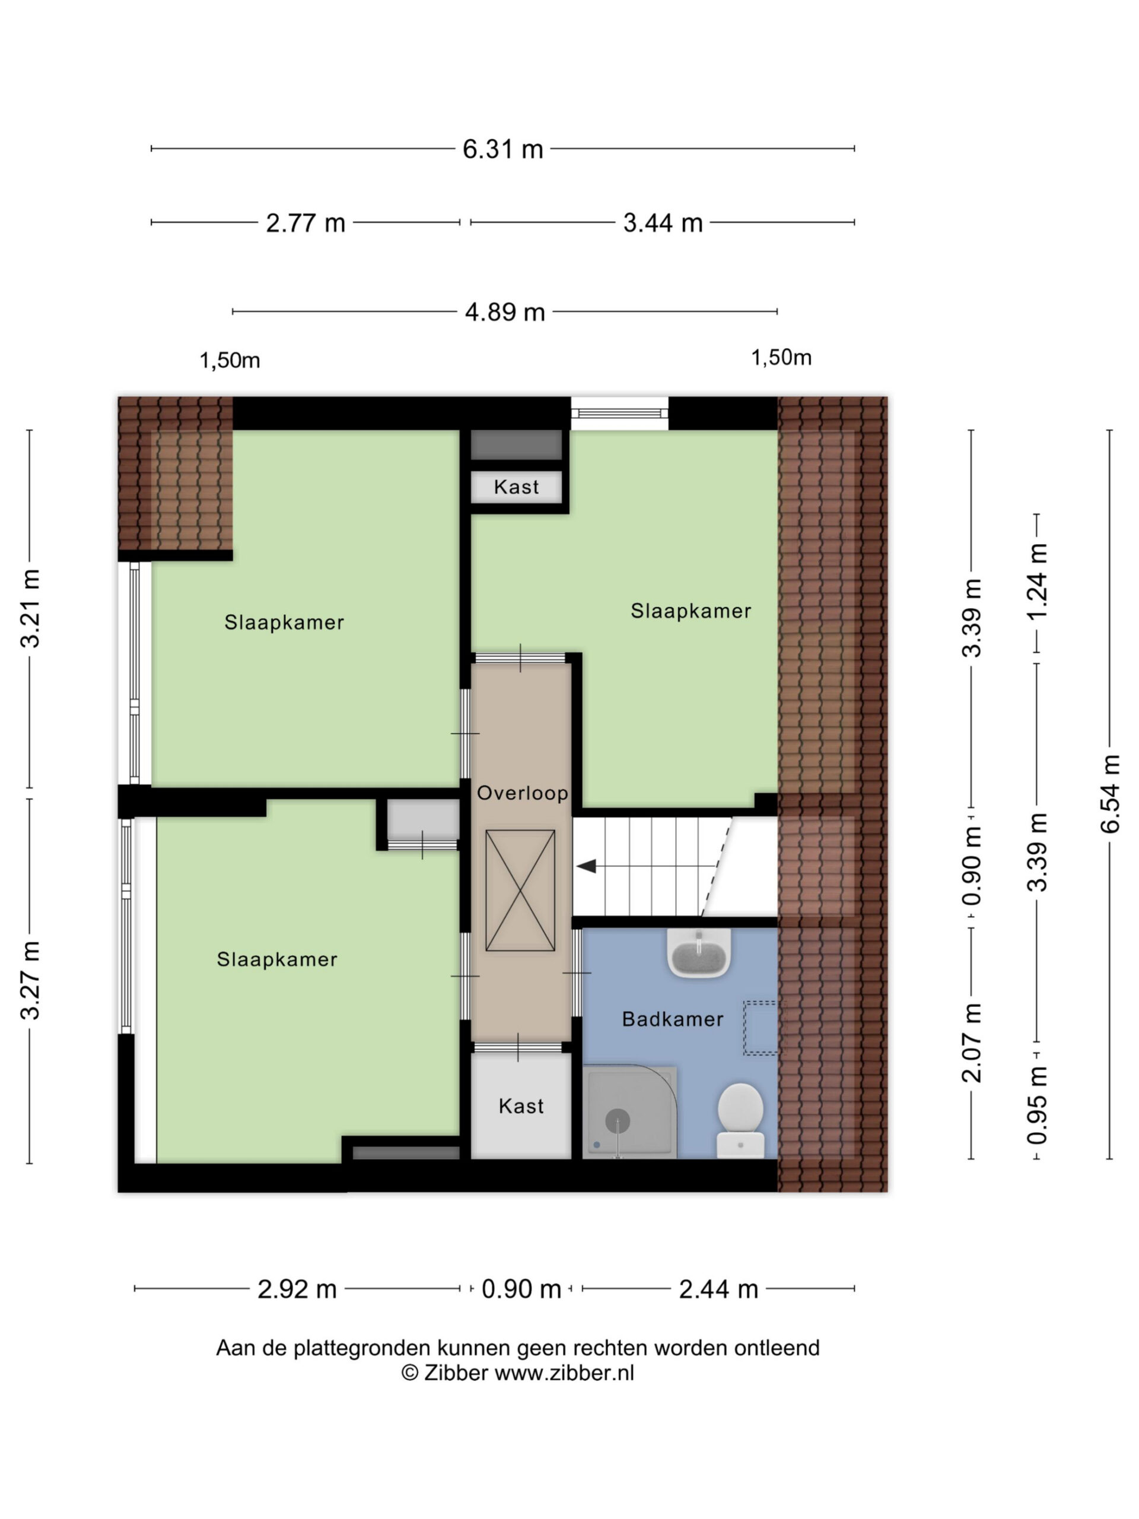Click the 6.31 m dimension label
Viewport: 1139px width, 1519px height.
coord(502,149)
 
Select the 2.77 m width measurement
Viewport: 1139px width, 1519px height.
coord(306,223)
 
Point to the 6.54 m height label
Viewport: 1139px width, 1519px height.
coord(1109,793)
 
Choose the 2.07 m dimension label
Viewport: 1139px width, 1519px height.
coord(972,1043)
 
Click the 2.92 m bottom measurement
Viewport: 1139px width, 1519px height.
coord(297,1289)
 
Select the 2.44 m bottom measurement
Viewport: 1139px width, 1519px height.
coord(718,1289)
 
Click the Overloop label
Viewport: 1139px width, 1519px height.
coord(522,793)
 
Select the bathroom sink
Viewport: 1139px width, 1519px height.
coord(699,953)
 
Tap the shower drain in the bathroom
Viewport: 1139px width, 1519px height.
coord(617,1121)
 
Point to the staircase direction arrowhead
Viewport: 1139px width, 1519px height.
coord(586,867)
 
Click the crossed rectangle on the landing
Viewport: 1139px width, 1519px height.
coord(520,891)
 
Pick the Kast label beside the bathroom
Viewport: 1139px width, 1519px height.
coord(521,1106)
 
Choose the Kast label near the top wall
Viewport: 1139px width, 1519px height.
coord(516,487)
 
